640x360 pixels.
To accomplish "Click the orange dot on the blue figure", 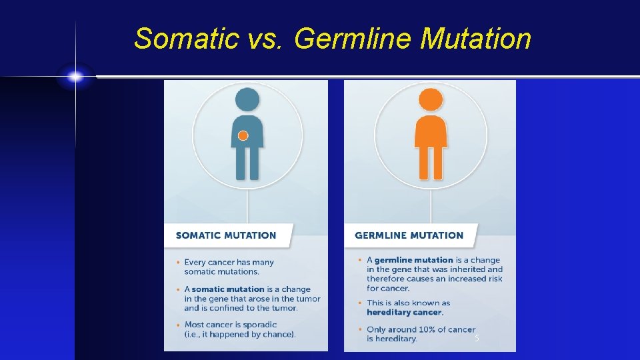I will click(243, 135).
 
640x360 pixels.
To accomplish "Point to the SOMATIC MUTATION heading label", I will click(225, 235).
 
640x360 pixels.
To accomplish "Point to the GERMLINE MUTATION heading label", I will click(409, 235).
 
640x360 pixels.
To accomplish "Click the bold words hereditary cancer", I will click(405, 312).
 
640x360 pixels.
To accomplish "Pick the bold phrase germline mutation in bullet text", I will click(413, 260).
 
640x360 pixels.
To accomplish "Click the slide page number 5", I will click(477, 339).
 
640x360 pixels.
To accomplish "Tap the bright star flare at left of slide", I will click(75, 77).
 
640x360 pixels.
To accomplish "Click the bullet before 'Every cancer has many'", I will click(179, 263).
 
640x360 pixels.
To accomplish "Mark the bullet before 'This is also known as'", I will click(361, 303).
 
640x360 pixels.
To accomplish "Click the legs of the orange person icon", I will click(431, 163).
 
